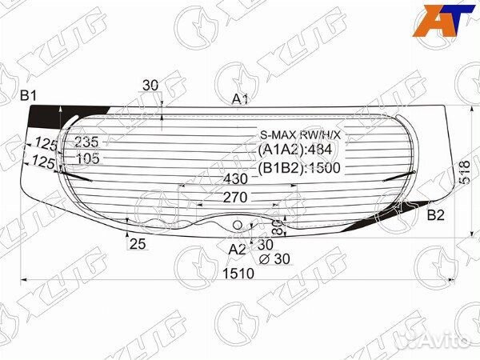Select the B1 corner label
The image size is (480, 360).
(29, 97)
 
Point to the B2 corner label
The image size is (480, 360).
(436, 214)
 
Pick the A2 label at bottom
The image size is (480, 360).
(237, 250)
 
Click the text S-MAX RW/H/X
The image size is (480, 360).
(299, 134)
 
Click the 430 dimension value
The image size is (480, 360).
(235, 178)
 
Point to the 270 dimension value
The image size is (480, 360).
(234, 197)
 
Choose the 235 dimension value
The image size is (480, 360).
(86, 142)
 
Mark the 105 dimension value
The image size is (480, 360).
(87, 158)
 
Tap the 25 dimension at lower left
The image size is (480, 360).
(137, 244)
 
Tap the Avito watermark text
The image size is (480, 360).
(443, 342)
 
